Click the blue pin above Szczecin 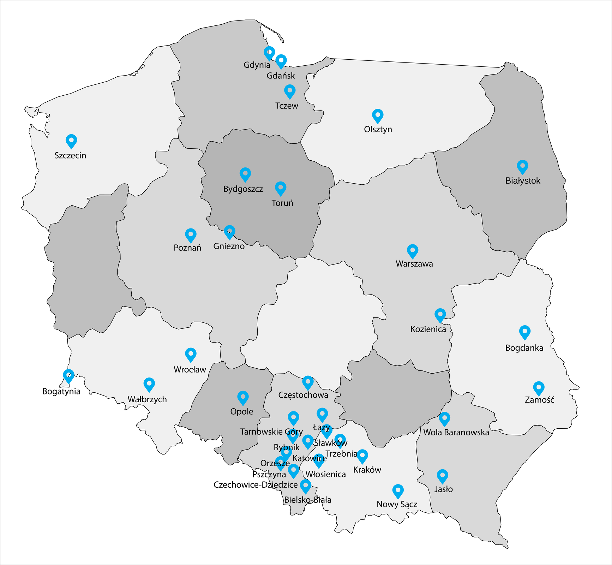tap(71, 141)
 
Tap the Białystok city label tap(523, 181)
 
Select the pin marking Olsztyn tap(378, 115)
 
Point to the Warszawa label tap(414, 264)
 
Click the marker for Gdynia tap(269, 53)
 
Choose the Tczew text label tap(287, 106)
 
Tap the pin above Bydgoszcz tap(245, 174)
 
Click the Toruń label tap(282, 203)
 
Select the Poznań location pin tap(191, 235)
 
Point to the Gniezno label tap(229, 246)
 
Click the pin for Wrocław tap(191, 354)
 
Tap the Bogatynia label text tap(61, 391)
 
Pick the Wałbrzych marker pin tap(149, 384)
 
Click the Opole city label tap(242, 411)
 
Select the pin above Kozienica tap(440, 315)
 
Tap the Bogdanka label tap(524, 348)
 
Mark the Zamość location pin tap(539, 388)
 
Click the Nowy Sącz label tap(397, 504)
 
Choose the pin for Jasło tap(443, 476)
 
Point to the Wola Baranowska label tap(456, 432)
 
